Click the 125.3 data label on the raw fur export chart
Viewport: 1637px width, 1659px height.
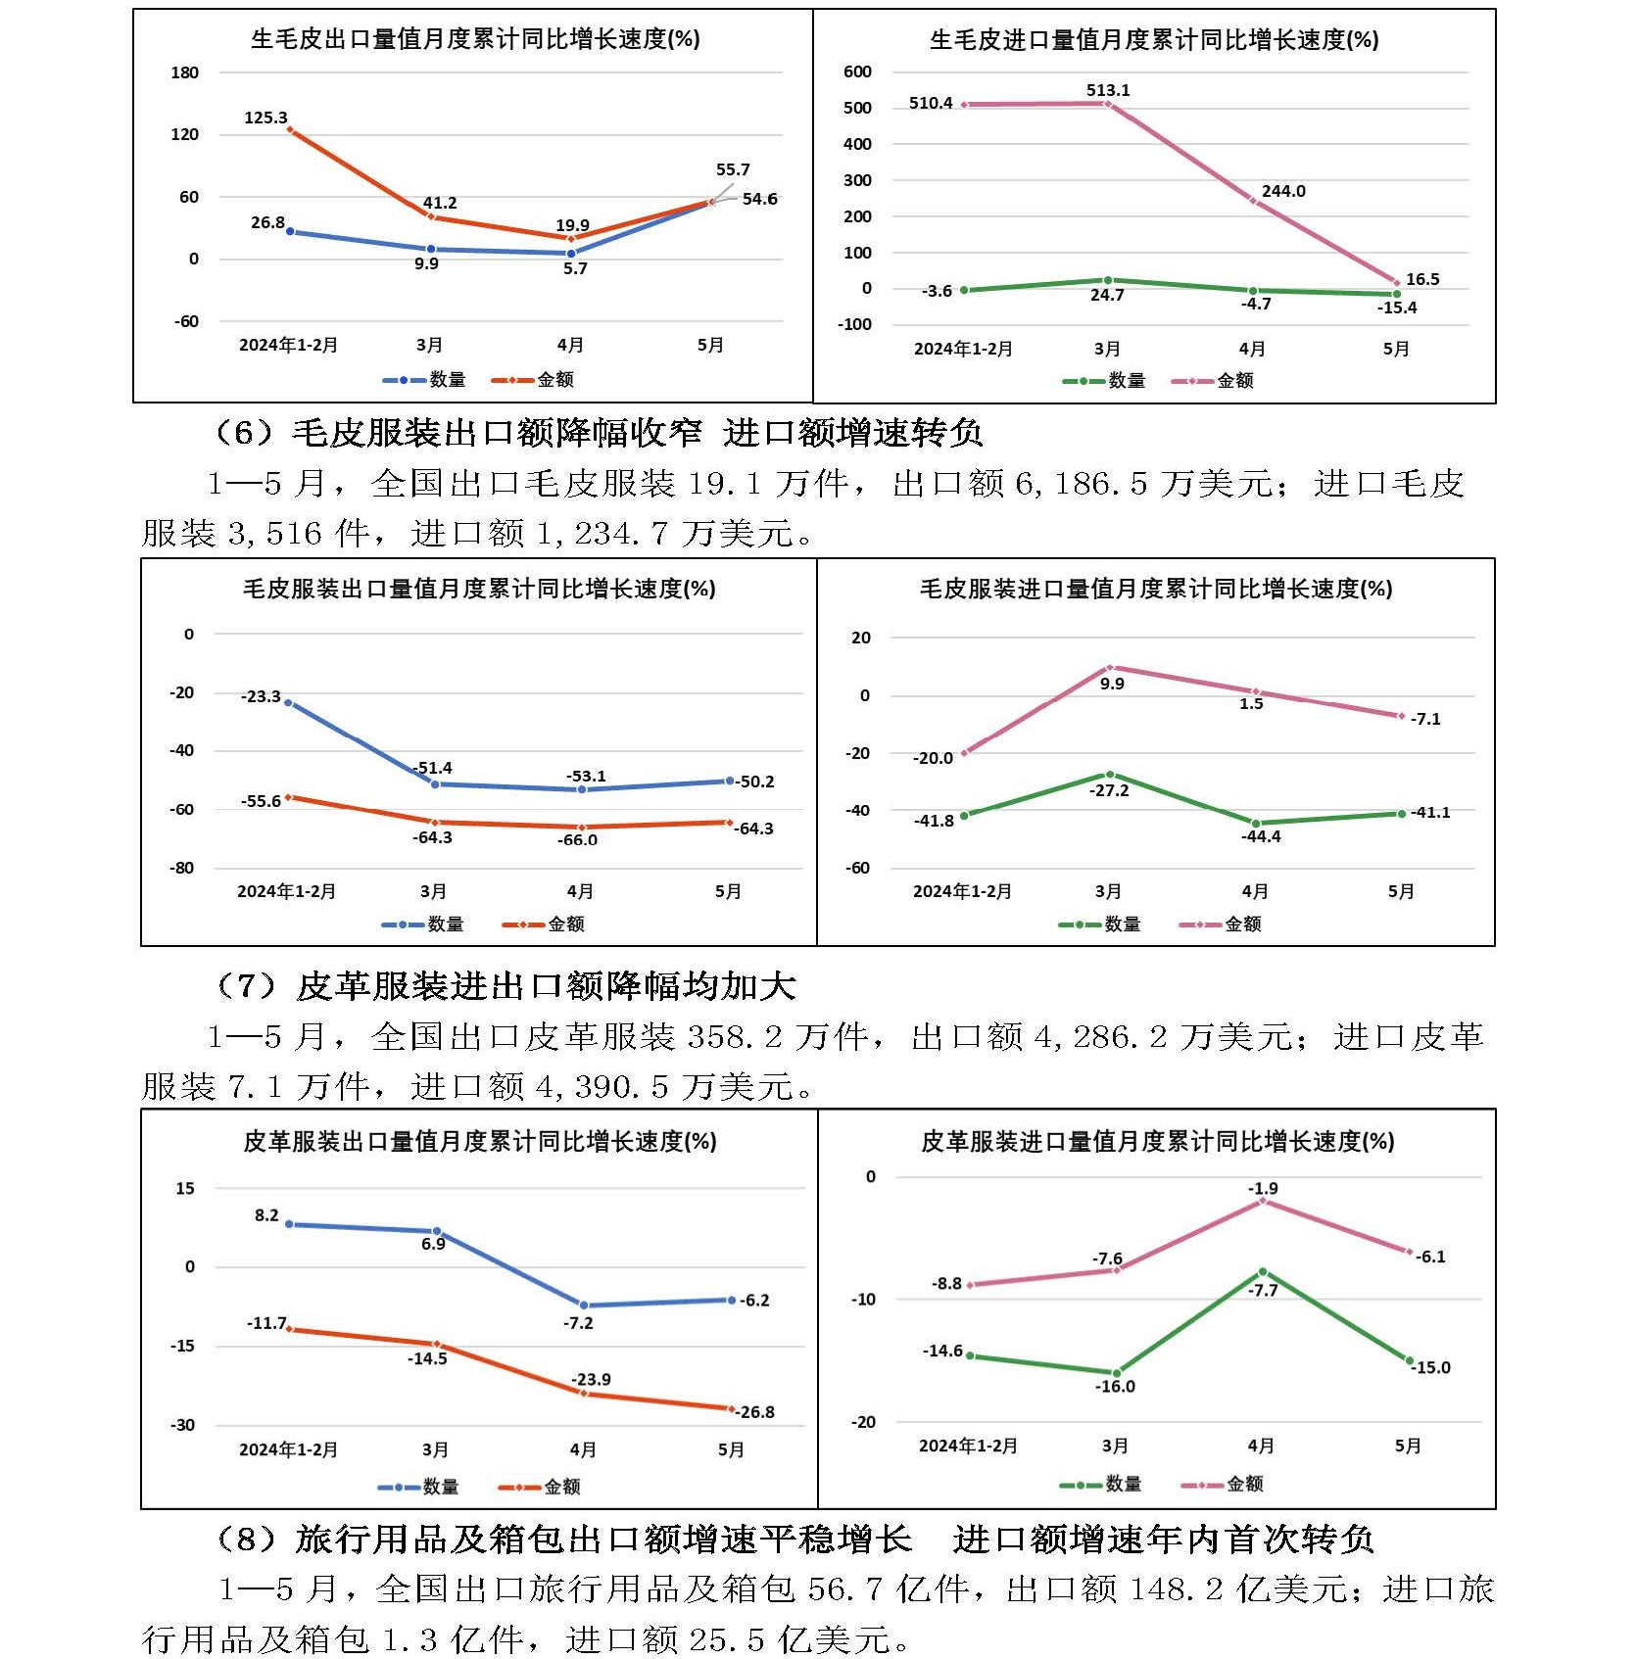point(265,118)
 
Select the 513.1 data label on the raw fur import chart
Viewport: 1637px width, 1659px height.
point(1108,90)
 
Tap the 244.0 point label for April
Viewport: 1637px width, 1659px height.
point(1283,191)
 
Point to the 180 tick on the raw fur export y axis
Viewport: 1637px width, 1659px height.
point(184,72)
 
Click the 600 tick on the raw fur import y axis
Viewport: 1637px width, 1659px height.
point(857,71)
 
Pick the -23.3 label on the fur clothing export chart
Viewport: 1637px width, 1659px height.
point(261,696)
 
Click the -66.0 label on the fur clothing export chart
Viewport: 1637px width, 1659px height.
point(577,840)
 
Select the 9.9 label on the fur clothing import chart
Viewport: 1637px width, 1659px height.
point(1112,684)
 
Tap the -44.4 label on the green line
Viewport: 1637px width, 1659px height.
point(1261,836)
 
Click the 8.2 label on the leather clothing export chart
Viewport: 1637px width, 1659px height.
point(266,1215)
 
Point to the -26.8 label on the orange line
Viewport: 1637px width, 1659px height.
point(755,1412)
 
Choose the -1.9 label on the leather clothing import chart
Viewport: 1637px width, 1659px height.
point(1263,1188)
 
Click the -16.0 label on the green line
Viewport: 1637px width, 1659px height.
point(1115,1387)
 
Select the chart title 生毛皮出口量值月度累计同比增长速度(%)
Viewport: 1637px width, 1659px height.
point(475,39)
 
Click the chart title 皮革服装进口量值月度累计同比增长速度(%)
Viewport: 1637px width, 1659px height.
point(1157,1141)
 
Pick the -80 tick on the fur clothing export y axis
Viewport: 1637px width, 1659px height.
point(181,868)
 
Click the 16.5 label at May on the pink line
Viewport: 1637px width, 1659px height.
point(1422,279)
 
